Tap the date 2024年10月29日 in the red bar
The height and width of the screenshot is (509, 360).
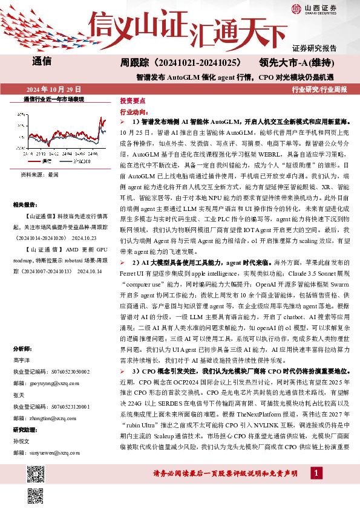coord(53,89)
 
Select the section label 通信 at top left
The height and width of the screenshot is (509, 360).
coord(41,61)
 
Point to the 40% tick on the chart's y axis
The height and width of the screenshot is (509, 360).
coord(22,113)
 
